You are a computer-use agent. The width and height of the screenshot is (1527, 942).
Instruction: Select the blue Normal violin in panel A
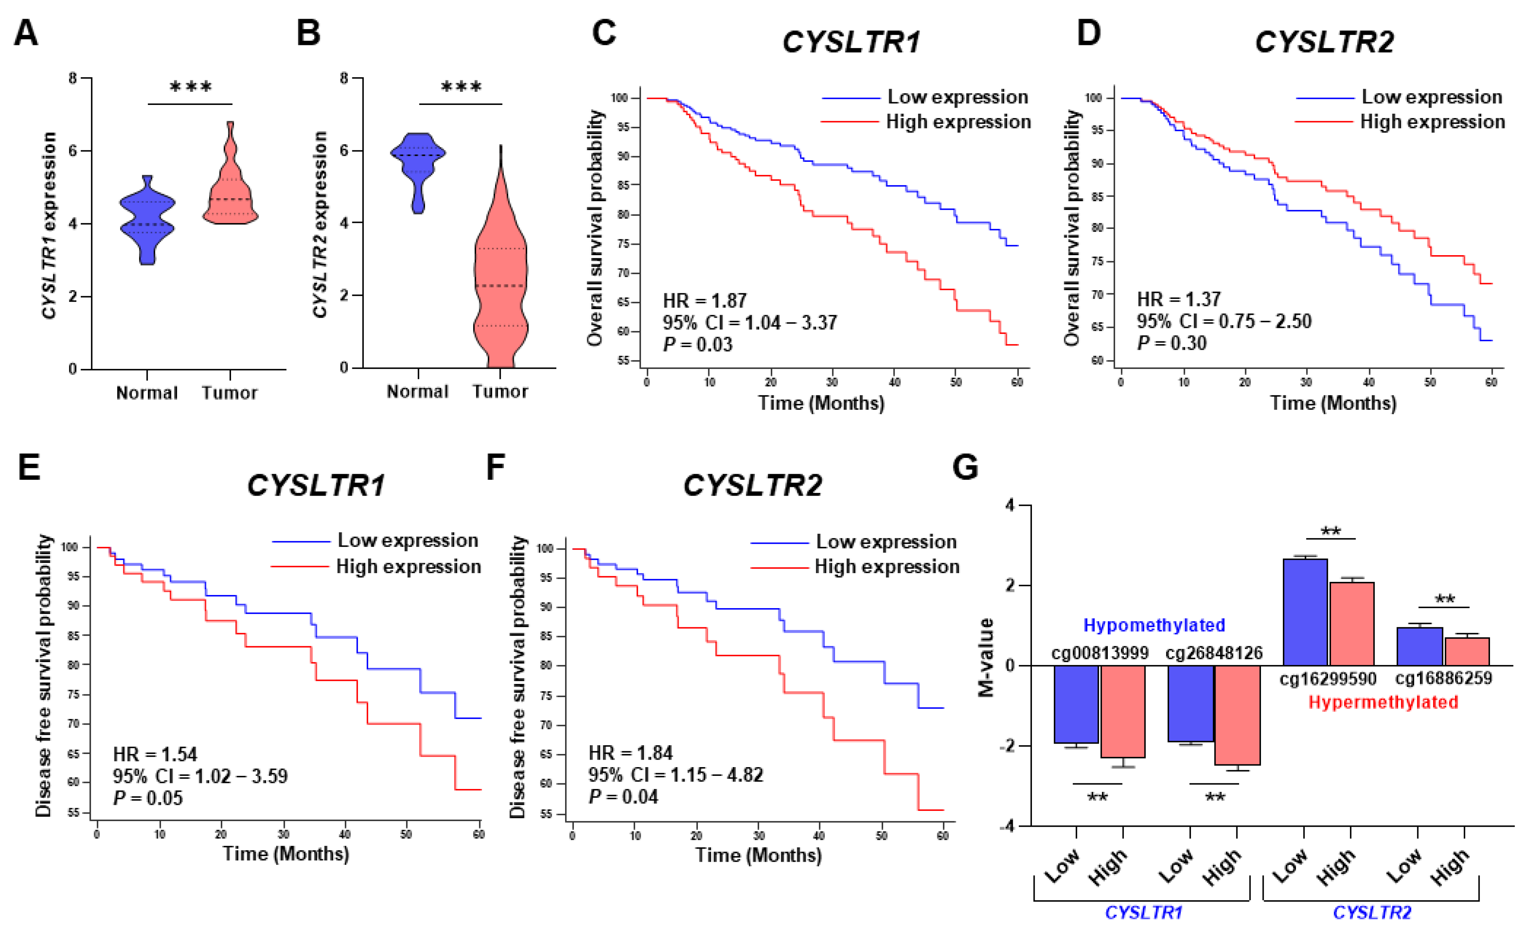(x=148, y=221)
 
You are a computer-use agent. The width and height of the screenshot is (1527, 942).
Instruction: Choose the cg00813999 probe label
(x=1100, y=653)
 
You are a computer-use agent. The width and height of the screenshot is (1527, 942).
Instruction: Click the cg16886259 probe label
(x=1443, y=678)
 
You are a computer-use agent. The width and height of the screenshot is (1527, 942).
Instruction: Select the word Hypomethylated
(x=1154, y=625)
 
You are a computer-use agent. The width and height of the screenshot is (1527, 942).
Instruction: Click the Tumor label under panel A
(x=229, y=393)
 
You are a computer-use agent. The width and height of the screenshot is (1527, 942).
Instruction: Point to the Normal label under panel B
(x=418, y=392)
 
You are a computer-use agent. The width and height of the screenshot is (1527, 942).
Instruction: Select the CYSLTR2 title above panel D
(x=1324, y=43)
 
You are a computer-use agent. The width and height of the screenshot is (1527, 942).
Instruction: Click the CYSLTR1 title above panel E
(x=316, y=485)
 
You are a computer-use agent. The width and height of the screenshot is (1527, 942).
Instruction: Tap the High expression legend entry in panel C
(x=958, y=122)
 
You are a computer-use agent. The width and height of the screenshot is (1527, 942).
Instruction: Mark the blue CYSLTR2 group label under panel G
(x=1371, y=913)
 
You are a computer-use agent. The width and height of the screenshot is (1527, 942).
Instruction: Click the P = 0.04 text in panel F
(x=623, y=797)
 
